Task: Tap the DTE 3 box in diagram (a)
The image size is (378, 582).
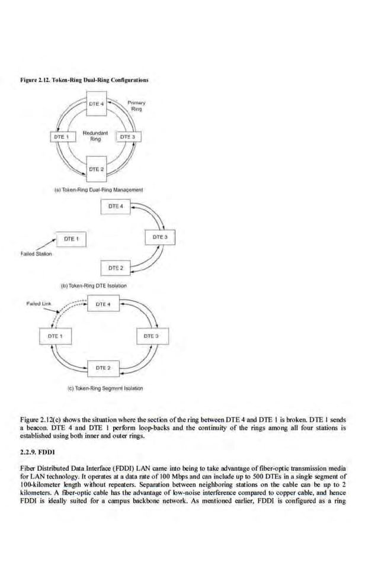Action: pyautogui.click(x=129, y=137)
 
